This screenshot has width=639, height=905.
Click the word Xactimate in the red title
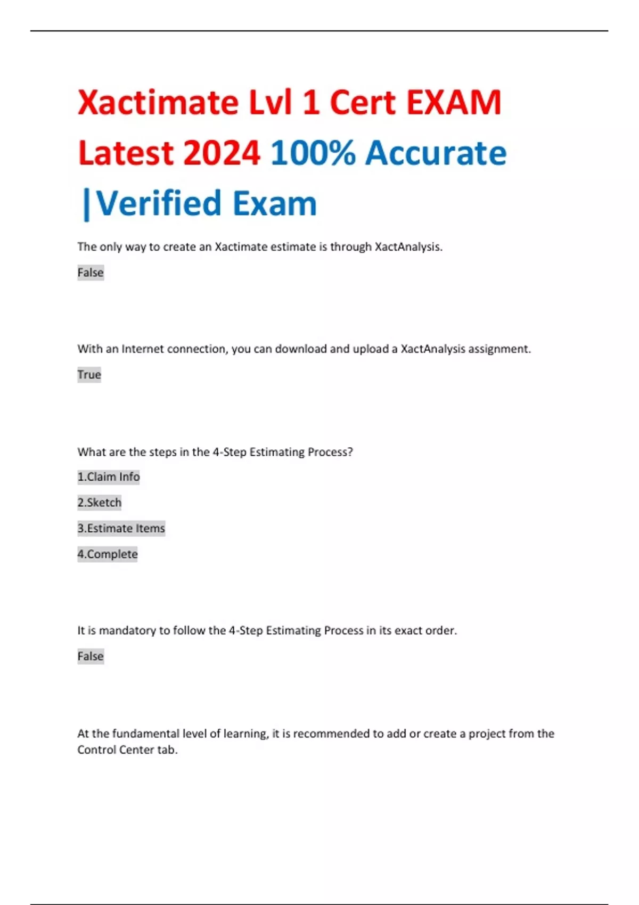click(158, 102)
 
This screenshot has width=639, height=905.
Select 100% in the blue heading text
click(313, 153)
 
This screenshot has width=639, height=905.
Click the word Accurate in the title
click(436, 153)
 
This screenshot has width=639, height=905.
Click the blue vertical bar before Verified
click(86, 204)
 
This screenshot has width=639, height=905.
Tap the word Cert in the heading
click(363, 102)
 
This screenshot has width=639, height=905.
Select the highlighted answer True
click(89, 375)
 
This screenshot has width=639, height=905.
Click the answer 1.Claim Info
click(109, 477)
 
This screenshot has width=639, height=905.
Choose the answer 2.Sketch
click(100, 503)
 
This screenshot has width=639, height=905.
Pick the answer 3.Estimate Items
click(121, 529)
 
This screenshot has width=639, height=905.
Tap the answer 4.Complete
click(108, 554)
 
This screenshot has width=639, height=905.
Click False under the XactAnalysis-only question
click(91, 273)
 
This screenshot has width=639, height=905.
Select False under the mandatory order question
click(91, 656)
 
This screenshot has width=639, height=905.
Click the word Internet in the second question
click(143, 349)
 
